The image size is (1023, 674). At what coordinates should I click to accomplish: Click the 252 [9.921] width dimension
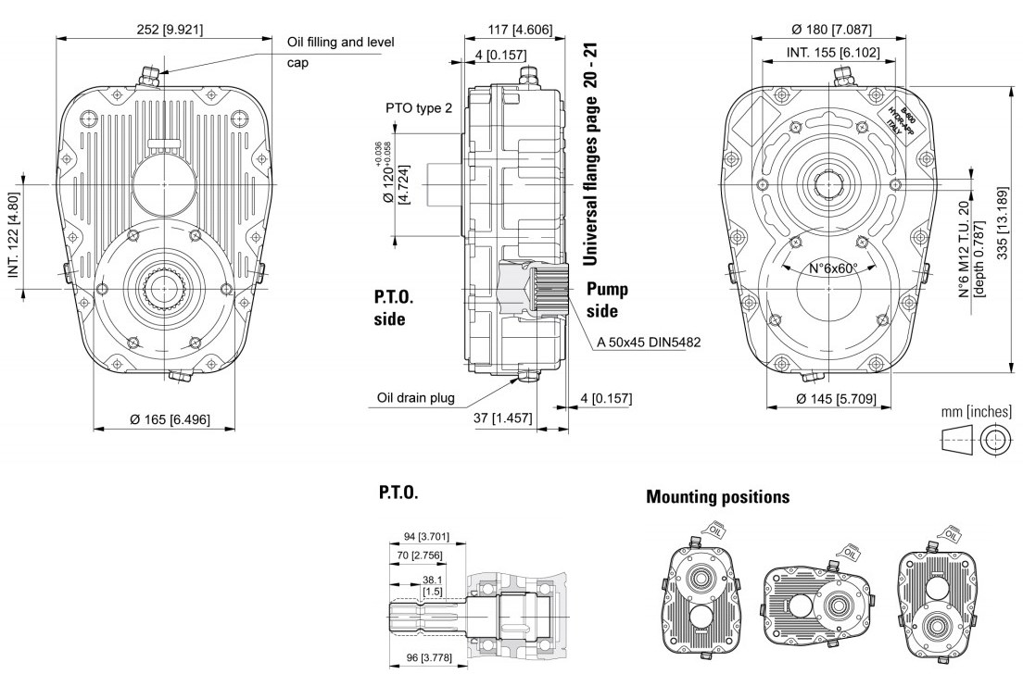[x=170, y=28]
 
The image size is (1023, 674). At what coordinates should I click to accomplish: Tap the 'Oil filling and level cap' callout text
[x=341, y=52]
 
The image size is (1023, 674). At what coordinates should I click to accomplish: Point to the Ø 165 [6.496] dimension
[x=170, y=419]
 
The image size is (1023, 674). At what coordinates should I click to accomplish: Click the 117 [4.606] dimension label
[x=520, y=30]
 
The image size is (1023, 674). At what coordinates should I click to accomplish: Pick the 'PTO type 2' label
[x=419, y=108]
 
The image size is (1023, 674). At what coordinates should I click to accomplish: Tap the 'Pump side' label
[x=608, y=300]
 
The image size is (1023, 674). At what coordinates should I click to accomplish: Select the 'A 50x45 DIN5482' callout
[x=648, y=343]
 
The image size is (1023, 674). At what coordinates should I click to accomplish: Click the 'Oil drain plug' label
[x=416, y=398]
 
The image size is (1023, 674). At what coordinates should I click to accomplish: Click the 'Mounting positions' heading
[x=718, y=497]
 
